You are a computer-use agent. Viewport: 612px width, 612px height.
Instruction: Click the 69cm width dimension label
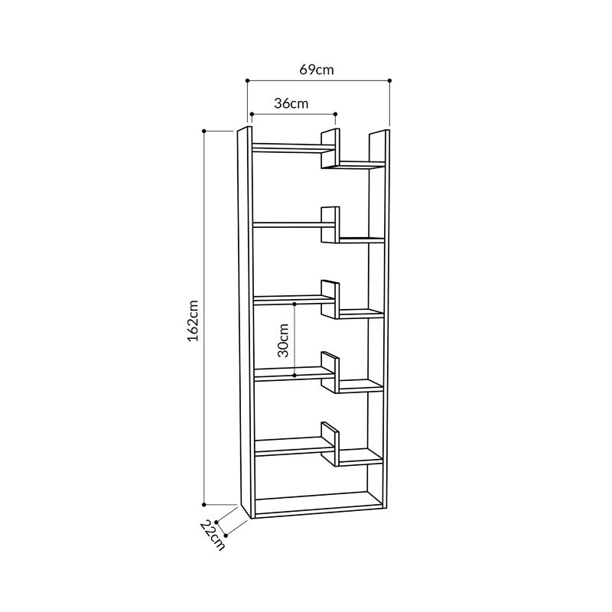click(317, 70)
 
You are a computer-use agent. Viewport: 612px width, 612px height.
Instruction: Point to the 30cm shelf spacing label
click(283, 340)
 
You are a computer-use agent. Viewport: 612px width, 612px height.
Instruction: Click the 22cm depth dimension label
click(213, 535)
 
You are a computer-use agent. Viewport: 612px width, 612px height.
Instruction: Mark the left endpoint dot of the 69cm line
click(248, 80)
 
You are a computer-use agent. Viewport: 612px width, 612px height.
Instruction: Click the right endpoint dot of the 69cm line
click(389, 80)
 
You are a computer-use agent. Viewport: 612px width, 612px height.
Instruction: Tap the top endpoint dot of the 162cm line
click(204, 131)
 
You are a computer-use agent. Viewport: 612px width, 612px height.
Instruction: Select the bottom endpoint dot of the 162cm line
click(204, 504)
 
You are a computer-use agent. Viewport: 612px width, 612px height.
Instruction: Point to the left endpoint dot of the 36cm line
click(252, 115)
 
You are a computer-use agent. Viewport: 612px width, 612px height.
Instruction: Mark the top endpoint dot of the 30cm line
click(295, 304)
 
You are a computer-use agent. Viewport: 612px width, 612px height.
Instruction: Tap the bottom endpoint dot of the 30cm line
click(295, 375)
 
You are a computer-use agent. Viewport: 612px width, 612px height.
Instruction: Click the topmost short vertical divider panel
click(330, 148)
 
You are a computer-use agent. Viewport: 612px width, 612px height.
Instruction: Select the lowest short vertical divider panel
click(330, 444)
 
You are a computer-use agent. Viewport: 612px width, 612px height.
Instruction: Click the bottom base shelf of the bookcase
click(317, 505)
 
